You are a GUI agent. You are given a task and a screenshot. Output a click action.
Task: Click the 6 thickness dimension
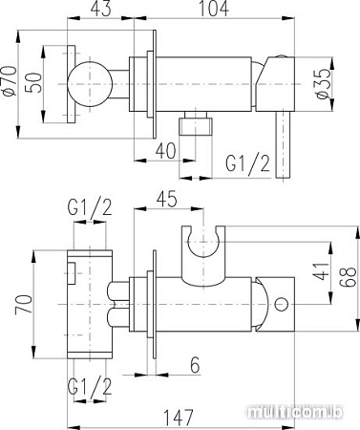point(194,364)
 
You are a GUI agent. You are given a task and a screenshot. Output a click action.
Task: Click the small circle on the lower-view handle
point(281,305)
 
